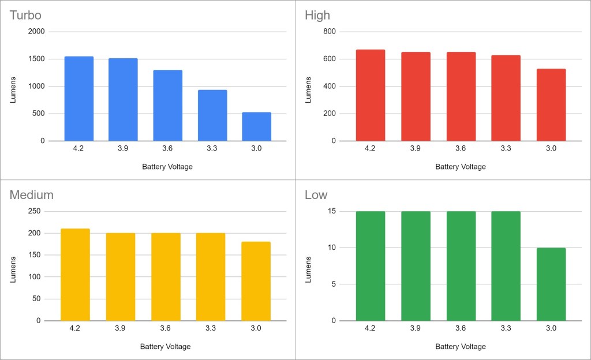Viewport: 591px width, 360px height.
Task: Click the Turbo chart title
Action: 25,15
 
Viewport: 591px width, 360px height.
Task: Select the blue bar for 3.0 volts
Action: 256,126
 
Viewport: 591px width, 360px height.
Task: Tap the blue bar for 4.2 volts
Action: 78,99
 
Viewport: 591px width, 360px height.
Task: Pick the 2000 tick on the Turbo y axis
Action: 36,32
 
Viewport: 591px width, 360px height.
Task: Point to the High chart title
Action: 317,15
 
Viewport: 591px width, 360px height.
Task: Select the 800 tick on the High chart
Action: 328,32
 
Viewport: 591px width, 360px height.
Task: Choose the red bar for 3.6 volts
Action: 461,96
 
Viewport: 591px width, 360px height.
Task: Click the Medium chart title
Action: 31,195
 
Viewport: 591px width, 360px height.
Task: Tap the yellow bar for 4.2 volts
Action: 75,275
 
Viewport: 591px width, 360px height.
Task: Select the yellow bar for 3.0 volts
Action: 256,281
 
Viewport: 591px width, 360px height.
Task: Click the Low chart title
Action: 316,195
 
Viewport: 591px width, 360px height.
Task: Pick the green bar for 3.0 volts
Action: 551,284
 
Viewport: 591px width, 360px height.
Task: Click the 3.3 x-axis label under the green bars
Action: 506,328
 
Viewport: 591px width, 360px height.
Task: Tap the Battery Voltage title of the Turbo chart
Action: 167,167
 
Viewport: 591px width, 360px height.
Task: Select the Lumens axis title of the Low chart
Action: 308,266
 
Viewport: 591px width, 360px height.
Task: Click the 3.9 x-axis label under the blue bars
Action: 123,148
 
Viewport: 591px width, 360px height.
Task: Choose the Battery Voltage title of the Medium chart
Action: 165,347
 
